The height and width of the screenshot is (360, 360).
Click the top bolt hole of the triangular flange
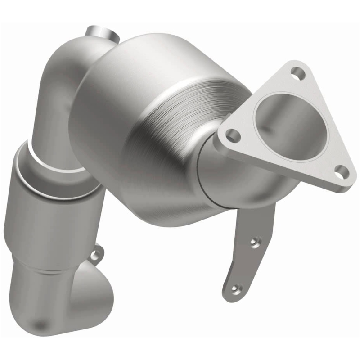click(x=296, y=72)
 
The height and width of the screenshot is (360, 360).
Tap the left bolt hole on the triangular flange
click(x=232, y=134)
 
